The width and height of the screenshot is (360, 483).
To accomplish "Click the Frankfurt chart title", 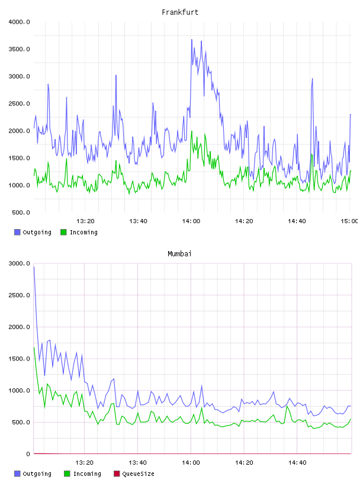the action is click(180, 12).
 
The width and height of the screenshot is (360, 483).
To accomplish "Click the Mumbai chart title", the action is click(179, 254).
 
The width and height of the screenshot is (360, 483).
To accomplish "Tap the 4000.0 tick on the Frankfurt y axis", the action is click(19, 22).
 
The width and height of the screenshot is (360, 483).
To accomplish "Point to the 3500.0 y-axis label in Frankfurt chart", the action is click(19, 49).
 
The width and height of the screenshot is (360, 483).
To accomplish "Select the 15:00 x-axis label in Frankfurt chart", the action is click(349, 221).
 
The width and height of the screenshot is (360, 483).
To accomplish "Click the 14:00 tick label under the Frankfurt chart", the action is click(191, 221).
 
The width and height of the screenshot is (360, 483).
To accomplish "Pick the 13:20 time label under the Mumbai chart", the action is click(85, 463).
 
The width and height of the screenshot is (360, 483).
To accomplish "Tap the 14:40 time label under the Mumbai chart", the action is click(297, 463).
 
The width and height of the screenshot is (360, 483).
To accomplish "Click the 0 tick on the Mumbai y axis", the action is click(28, 454).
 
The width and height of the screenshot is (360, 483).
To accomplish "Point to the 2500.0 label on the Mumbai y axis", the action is click(19, 295).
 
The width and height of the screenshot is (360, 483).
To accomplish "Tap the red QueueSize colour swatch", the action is click(117, 474).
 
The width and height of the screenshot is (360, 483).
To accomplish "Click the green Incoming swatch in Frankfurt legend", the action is click(63, 232).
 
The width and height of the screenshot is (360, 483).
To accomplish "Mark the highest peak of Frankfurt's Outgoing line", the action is click(191, 40).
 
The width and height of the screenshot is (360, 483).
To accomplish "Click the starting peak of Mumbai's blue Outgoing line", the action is click(34, 267).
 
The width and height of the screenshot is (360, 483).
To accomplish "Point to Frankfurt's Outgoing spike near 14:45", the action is click(312, 79).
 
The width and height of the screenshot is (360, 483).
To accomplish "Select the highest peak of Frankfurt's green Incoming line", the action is click(191, 131).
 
